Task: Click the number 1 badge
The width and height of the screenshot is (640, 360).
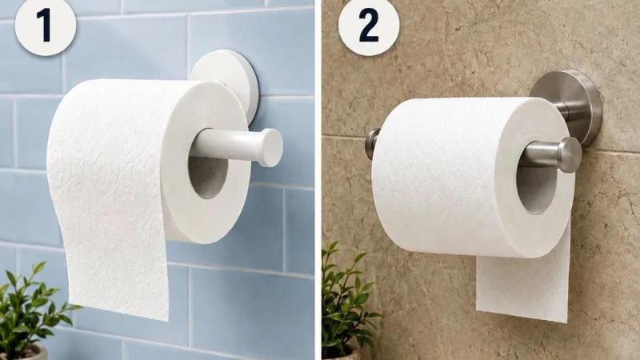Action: tap(45, 26)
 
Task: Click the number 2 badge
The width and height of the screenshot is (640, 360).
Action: tap(369, 26)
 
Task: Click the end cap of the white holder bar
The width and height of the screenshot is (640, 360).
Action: tap(271, 147)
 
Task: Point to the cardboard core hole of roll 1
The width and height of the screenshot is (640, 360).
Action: tap(207, 174)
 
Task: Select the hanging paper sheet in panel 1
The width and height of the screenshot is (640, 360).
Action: tap(110, 229)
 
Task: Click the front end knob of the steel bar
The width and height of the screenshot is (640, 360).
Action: tap(570, 154)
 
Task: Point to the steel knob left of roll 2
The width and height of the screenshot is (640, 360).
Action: tap(371, 144)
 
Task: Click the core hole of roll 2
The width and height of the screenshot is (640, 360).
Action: tap(534, 188)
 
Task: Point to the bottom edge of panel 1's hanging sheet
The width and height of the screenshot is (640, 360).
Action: tap(118, 314)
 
